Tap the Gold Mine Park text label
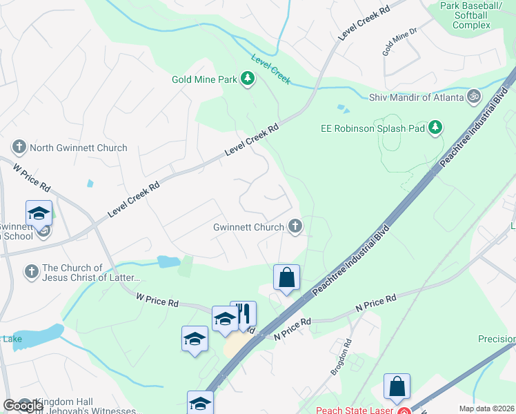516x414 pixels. click(204, 79)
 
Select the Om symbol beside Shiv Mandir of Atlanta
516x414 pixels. click(474, 97)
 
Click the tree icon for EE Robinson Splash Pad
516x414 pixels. click(435, 127)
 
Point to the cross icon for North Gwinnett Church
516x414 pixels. click(19, 147)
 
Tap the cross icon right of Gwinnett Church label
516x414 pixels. click(295, 226)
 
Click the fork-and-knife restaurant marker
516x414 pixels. click(243, 314)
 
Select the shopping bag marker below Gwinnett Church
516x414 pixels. click(286, 278)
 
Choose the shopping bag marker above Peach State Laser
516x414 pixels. click(397, 387)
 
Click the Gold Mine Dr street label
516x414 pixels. click(401, 43)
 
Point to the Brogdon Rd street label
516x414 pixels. click(343, 356)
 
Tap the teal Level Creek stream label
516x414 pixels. click(271, 69)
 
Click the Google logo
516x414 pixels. click(23, 406)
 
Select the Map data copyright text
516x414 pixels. click(487, 408)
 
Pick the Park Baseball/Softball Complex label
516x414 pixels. click(472, 16)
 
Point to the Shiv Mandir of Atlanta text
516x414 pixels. click(417, 97)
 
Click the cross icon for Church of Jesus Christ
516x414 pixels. click(30, 272)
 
